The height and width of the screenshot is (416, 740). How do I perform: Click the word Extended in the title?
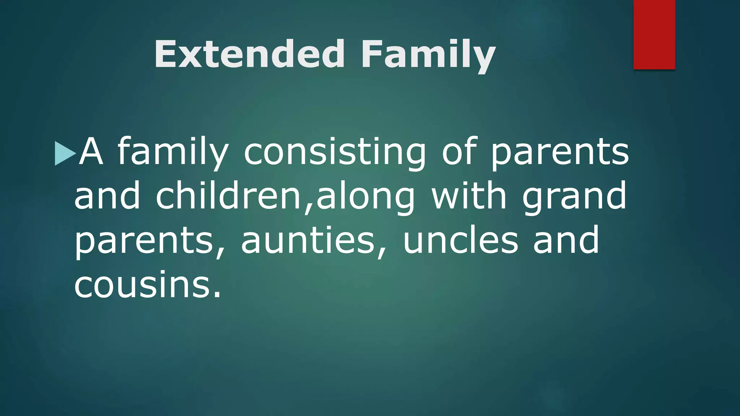point(249,54)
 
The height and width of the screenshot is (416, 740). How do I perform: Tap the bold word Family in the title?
point(428,55)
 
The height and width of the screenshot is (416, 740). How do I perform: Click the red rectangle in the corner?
point(654,34)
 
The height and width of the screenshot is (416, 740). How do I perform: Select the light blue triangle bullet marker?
point(65,153)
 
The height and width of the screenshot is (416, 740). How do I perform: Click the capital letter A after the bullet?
point(91,152)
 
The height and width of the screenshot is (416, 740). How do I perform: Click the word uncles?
point(460,240)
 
